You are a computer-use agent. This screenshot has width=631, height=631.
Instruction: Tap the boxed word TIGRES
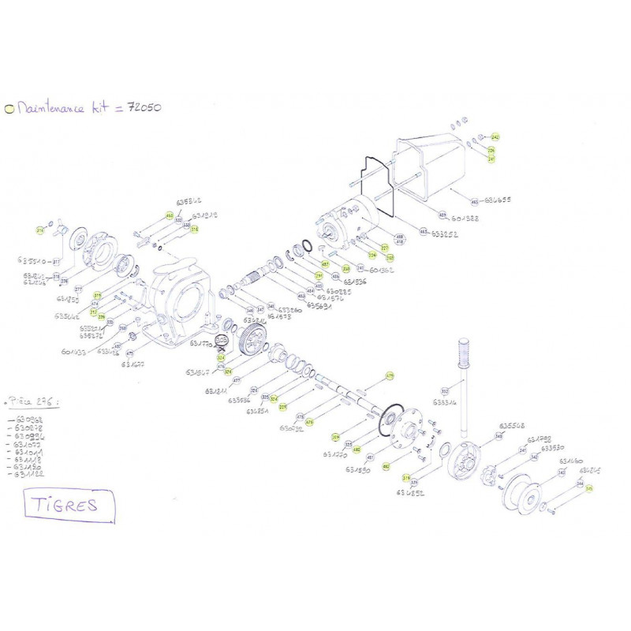[x=69, y=505]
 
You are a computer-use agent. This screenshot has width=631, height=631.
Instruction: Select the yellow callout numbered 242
[x=495, y=137]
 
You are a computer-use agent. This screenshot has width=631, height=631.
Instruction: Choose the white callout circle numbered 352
[x=444, y=390]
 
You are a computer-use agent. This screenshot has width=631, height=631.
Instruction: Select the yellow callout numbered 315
[x=588, y=488]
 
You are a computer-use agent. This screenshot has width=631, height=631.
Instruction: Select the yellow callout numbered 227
[x=385, y=248]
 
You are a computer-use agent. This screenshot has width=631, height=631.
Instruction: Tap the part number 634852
[x=412, y=493]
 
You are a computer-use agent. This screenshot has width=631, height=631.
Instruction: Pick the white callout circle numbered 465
[x=474, y=200]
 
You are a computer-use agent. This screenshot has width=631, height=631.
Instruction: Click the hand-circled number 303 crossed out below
[x=222, y=340]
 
